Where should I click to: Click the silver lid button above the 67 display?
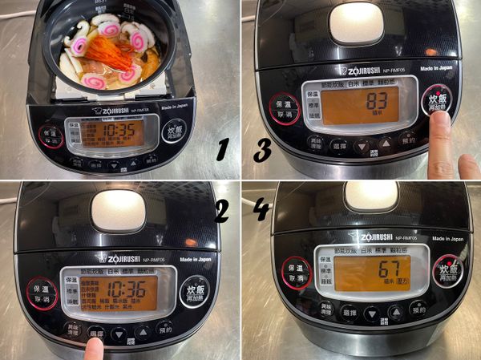370,196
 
